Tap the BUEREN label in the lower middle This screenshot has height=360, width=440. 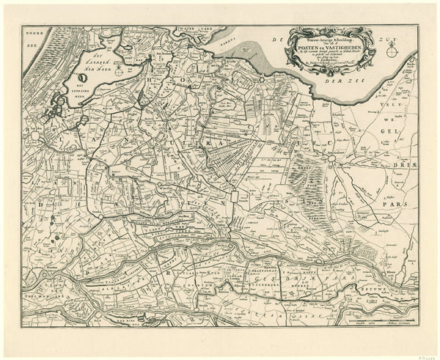275,284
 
